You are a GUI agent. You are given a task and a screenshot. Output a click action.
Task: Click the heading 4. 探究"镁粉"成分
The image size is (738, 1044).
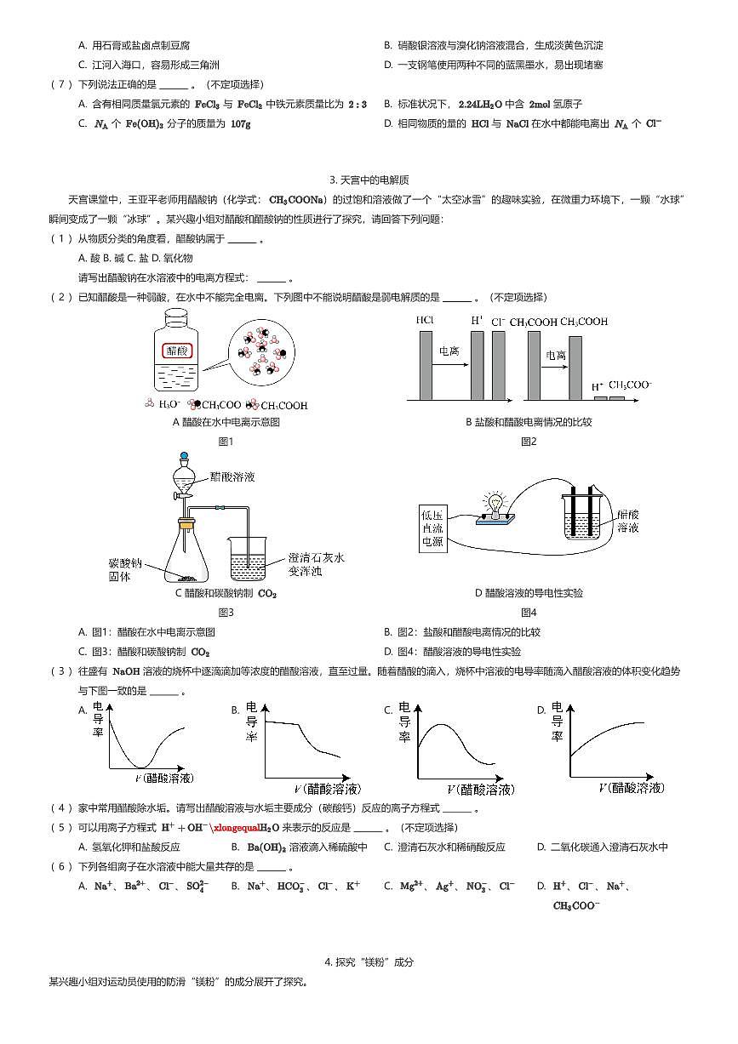coord(369,962)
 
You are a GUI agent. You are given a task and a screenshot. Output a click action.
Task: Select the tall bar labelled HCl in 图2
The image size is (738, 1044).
coord(425,365)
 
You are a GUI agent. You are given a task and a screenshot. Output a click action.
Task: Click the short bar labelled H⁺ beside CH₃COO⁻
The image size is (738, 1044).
coord(598,397)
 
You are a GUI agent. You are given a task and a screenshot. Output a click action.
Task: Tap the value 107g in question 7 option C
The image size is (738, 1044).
coord(241,123)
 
